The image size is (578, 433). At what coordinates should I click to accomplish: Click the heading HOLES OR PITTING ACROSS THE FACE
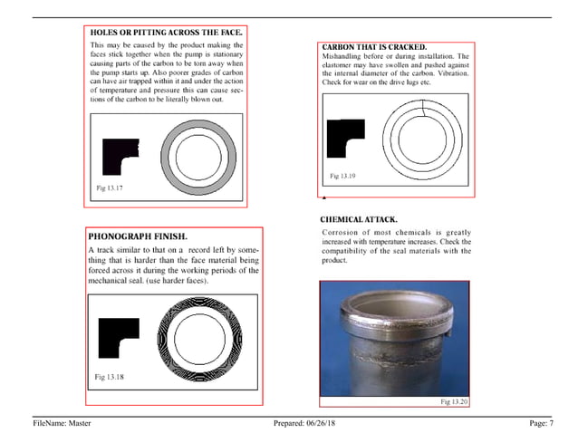[166, 32]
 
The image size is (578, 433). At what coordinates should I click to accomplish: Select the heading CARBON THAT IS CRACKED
[374, 46]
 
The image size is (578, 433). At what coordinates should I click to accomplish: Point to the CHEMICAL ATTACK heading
[359, 220]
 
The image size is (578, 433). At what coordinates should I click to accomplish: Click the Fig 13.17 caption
[109, 188]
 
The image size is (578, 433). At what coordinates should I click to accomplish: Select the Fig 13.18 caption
[109, 374]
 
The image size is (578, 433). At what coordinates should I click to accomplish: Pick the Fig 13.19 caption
[342, 175]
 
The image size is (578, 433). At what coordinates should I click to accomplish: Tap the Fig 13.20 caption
[454, 400]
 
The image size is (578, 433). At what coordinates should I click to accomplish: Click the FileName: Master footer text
[62, 422]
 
